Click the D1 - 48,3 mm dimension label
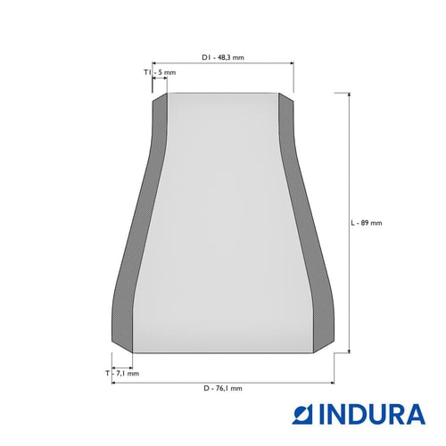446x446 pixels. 223,57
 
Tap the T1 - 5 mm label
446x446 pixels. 160,72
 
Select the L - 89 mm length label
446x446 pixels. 367,223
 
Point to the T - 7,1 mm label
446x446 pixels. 122,373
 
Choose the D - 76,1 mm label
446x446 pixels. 223,388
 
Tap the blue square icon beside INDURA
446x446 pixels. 303,414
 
